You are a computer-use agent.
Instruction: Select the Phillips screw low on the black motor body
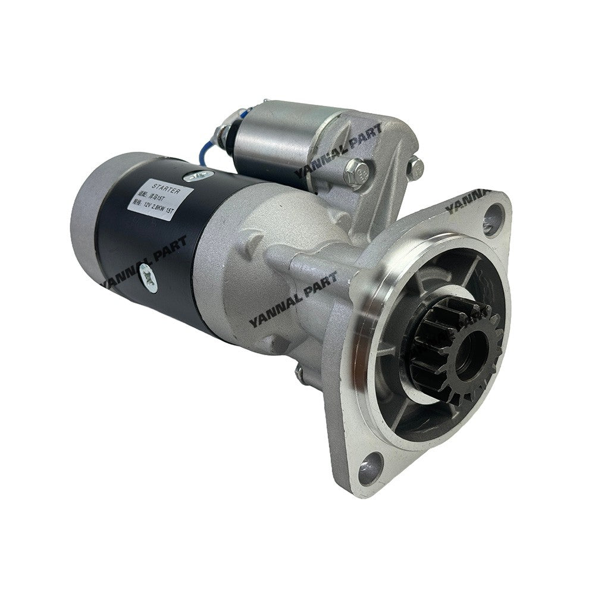coord(149,277)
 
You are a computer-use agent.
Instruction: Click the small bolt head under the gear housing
coord(301,374)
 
